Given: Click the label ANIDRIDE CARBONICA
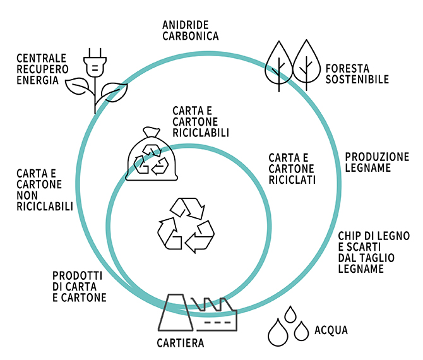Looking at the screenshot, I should (x=190, y=30).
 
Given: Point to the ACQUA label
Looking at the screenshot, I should (x=331, y=330).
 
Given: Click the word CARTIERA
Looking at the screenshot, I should (x=181, y=344).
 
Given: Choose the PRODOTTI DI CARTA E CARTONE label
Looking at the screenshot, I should (x=79, y=286).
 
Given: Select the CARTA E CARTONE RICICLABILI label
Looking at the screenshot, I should (x=201, y=121).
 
